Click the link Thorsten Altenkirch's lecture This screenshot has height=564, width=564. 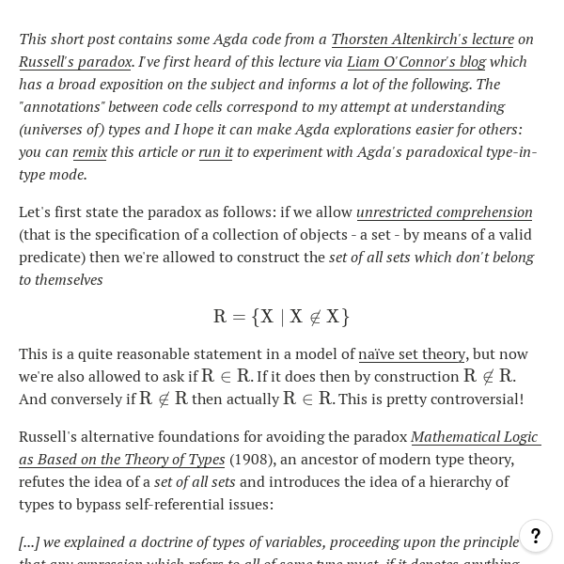tap(422, 39)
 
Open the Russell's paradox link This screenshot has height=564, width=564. tap(75, 61)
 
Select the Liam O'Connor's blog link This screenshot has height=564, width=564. tap(415, 61)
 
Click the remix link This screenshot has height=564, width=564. tap(89, 151)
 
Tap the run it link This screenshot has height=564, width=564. tap(215, 151)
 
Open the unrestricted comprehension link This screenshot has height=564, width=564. tap(444, 211)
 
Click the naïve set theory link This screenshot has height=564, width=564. tap(412, 353)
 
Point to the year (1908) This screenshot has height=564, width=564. tap(253, 459)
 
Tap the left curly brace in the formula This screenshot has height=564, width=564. tap(256, 317)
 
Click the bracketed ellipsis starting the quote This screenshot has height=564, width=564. tap(29, 541)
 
